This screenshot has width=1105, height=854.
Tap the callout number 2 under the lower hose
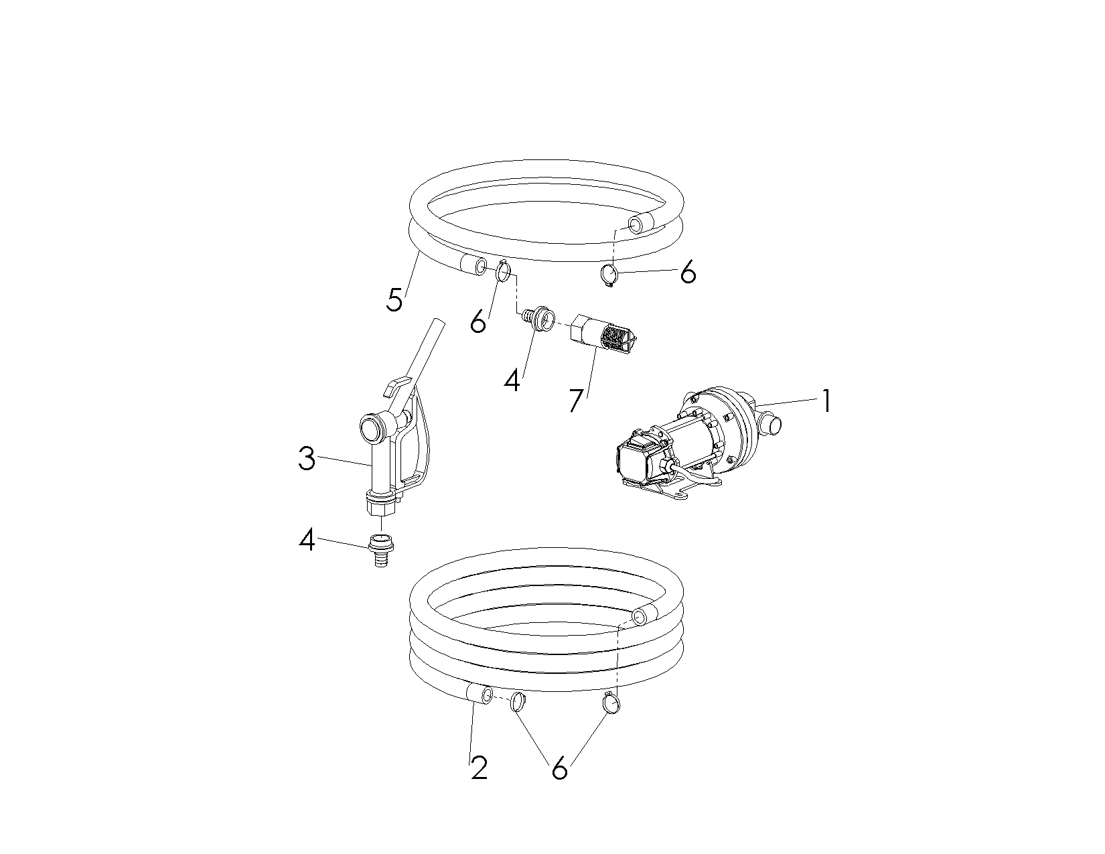click(x=479, y=768)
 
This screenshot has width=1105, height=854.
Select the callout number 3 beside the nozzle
click(x=307, y=459)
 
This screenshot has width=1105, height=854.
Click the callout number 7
click(x=576, y=401)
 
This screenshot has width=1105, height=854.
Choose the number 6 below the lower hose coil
click(x=559, y=768)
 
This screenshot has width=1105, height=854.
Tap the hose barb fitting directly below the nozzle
click(x=381, y=550)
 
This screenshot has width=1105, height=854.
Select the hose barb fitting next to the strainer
click(x=538, y=319)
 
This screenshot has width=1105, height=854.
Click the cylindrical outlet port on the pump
click(x=769, y=424)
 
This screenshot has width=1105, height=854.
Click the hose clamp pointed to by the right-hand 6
click(x=609, y=275)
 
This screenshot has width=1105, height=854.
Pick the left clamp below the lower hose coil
click(x=518, y=702)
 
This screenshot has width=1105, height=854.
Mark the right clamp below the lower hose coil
click(x=611, y=703)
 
